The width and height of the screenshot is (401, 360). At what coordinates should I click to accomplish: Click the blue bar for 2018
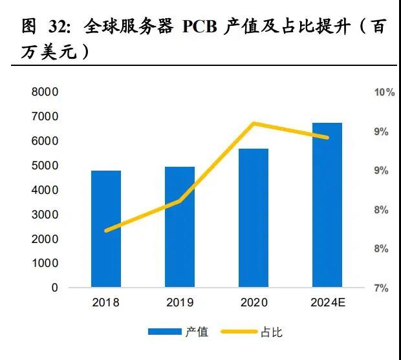point(106,229)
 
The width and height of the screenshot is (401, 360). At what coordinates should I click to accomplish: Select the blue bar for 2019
point(180,227)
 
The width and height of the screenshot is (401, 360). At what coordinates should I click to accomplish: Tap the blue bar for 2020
point(254,218)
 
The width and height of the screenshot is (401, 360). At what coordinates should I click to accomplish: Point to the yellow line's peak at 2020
point(254,123)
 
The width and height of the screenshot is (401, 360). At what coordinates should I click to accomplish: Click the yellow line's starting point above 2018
point(106,230)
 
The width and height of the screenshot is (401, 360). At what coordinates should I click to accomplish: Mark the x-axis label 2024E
point(327,302)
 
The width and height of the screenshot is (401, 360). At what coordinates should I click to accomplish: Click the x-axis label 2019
point(180,302)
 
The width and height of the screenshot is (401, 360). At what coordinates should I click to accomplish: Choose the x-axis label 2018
point(106,302)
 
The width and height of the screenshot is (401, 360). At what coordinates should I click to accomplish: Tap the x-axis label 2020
point(254,302)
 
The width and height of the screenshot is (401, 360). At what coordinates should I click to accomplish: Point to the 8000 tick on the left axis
point(45,92)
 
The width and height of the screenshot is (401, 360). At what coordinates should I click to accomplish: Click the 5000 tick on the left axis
point(45,165)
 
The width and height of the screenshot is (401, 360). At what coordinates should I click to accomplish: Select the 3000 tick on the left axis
point(45,215)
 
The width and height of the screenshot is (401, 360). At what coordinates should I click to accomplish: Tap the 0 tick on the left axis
point(55,288)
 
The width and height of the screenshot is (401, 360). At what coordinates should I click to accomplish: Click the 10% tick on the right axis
point(384,92)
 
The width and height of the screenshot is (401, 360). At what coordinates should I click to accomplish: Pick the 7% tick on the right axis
point(382,288)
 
